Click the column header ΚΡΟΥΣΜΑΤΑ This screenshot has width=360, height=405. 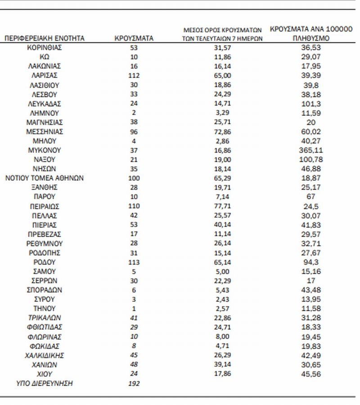click(x=134, y=39)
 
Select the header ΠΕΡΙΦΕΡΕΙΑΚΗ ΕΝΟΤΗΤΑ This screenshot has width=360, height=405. click(x=44, y=39)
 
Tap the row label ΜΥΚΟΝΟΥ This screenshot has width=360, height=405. click(x=44, y=150)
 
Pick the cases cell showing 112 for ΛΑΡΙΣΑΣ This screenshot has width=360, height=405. click(x=134, y=75)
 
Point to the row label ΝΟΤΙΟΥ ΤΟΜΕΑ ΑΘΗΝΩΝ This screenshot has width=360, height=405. click(x=44, y=178)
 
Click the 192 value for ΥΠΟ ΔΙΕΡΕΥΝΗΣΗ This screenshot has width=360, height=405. click(x=134, y=383)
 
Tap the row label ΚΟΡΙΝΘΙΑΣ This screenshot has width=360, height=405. click(x=44, y=47)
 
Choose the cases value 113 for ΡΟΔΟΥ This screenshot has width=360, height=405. click(x=134, y=262)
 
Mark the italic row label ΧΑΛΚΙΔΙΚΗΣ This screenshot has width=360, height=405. click(x=44, y=355)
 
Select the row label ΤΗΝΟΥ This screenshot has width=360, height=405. click(x=44, y=309)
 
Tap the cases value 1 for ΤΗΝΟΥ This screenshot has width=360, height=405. click(x=134, y=309)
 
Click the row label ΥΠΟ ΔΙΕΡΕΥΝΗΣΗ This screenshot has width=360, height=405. click(x=44, y=383)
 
